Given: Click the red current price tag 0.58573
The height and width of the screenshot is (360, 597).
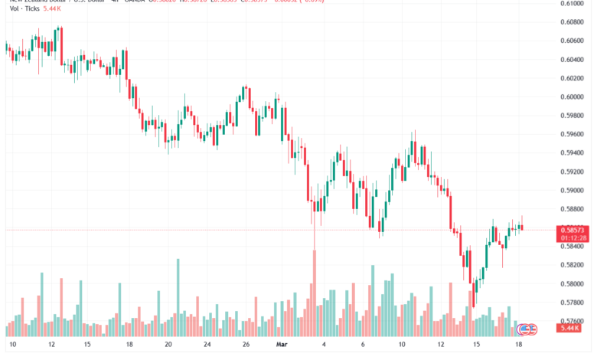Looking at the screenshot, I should pos(573,229).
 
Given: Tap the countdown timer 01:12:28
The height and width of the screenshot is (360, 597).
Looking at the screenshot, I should pos(573,237).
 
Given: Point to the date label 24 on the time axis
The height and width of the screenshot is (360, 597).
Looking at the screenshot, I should pos(207,345).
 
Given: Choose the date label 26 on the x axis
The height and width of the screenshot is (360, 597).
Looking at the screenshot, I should pos(245,345).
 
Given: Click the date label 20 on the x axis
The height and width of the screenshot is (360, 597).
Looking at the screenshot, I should pos(168,345).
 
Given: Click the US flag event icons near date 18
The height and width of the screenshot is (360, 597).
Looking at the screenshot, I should pos(527,329).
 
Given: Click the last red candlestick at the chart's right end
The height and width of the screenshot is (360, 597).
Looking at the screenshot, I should pos(521,226).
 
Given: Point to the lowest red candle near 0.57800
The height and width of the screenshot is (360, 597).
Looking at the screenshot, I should pos(472,295).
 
